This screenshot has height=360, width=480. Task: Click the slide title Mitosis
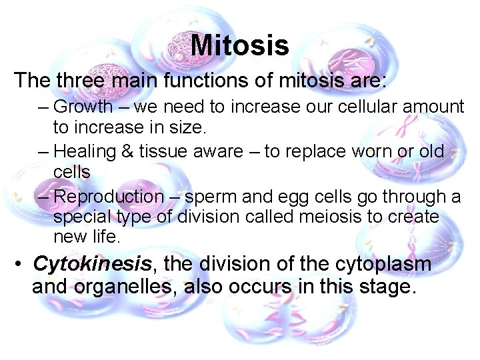(239, 46)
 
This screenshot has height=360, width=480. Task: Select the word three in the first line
(79, 81)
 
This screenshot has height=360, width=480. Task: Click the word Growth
(83, 107)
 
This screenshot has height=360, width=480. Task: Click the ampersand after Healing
(128, 152)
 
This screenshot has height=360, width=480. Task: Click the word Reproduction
(108, 197)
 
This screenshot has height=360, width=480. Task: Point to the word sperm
(208, 197)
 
